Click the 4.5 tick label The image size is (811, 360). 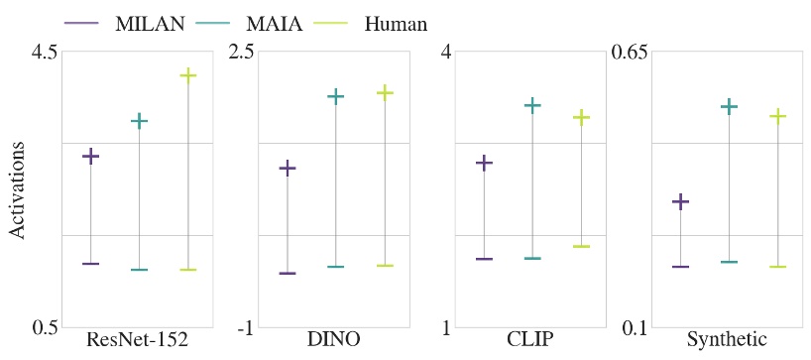point(41,51)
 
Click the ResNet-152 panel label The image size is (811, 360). point(137,340)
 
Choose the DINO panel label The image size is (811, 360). point(334,340)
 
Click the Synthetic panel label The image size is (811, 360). point(727,340)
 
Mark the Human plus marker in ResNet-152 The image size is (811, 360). point(187,75)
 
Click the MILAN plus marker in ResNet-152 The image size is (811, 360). point(90,156)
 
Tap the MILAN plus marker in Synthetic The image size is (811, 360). point(680,201)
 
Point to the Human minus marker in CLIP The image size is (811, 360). point(581,246)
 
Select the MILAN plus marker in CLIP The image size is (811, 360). point(484,163)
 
